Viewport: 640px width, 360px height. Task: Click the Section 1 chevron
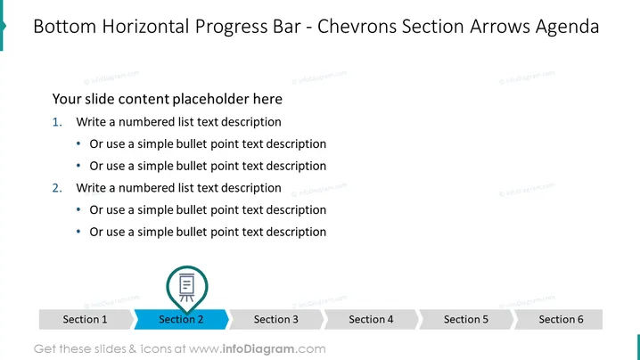pyautogui.click(x=86, y=319)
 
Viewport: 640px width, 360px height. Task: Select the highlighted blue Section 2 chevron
pyautogui.click(x=181, y=319)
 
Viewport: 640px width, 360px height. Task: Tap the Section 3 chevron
pyautogui.click(x=276, y=319)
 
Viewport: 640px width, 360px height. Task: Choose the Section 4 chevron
pyautogui.click(x=372, y=319)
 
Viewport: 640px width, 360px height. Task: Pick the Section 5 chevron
pyautogui.click(x=466, y=319)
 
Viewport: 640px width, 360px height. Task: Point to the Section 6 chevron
pyautogui.click(x=559, y=319)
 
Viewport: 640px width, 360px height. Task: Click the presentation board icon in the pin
pyautogui.click(x=187, y=287)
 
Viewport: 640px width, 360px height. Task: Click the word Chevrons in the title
pyautogui.click(x=357, y=26)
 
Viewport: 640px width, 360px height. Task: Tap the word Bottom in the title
pyautogui.click(x=64, y=26)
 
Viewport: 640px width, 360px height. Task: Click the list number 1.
pyautogui.click(x=57, y=121)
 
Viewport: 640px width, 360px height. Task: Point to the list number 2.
pyautogui.click(x=57, y=188)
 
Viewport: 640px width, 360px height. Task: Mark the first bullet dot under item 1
pyautogui.click(x=78, y=143)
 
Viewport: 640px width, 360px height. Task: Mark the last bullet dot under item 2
pyautogui.click(x=78, y=232)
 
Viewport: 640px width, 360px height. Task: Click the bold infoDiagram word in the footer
pyautogui.click(x=258, y=349)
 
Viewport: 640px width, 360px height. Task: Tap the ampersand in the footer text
pyautogui.click(x=133, y=349)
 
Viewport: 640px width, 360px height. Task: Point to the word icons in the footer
pyautogui.click(x=156, y=349)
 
